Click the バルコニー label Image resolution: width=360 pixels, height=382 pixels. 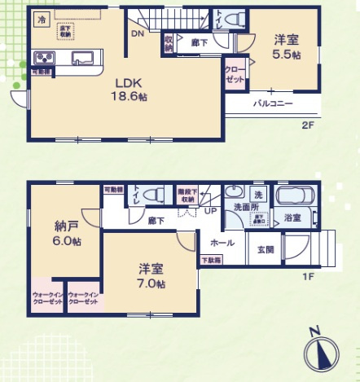click(272, 104)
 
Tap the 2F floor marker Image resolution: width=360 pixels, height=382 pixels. click(308, 125)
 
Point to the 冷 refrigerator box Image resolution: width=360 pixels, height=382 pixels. click(42, 16)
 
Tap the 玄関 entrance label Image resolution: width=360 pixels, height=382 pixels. click(266, 249)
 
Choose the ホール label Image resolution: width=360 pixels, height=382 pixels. click(222, 243)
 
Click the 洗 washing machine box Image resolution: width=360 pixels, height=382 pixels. click(257, 195)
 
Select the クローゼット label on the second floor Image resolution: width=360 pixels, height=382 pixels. click(234, 75)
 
